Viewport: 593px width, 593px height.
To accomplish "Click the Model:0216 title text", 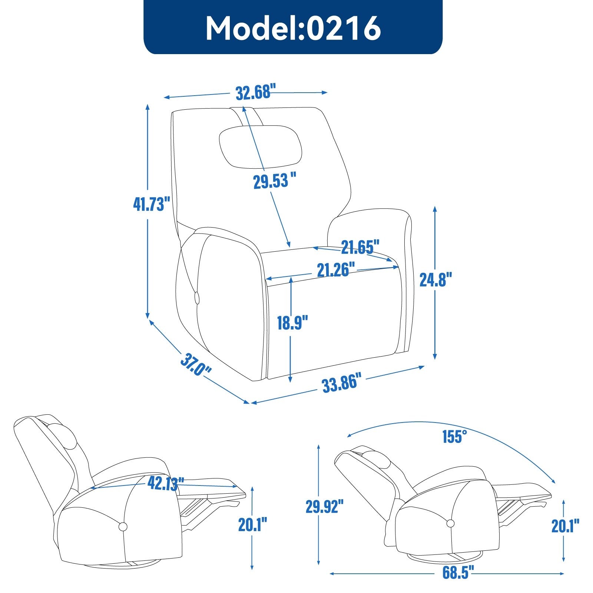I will pyautogui.click(x=293, y=28).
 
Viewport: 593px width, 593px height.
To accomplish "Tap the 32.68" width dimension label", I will pyautogui.click(x=256, y=92).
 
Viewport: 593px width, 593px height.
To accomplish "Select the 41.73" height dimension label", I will pyautogui.click(x=152, y=204).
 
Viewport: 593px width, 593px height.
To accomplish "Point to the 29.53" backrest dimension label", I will pyautogui.click(x=275, y=181).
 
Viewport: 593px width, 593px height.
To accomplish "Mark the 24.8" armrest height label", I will pyautogui.click(x=436, y=279).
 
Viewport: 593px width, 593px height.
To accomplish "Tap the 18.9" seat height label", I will pyautogui.click(x=292, y=322).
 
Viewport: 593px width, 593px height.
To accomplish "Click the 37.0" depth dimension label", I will pyautogui.click(x=196, y=365).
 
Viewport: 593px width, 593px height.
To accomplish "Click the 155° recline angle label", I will pyautogui.click(x=454, y=437).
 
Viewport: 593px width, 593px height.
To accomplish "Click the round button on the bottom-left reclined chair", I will pyautogui.click(x=123, y=526).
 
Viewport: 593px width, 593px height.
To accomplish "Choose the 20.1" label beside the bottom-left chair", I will pyautogui.click(x=252, y=524).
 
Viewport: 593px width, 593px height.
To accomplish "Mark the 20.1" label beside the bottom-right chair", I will pyautogui.click(x=565, y=526).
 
